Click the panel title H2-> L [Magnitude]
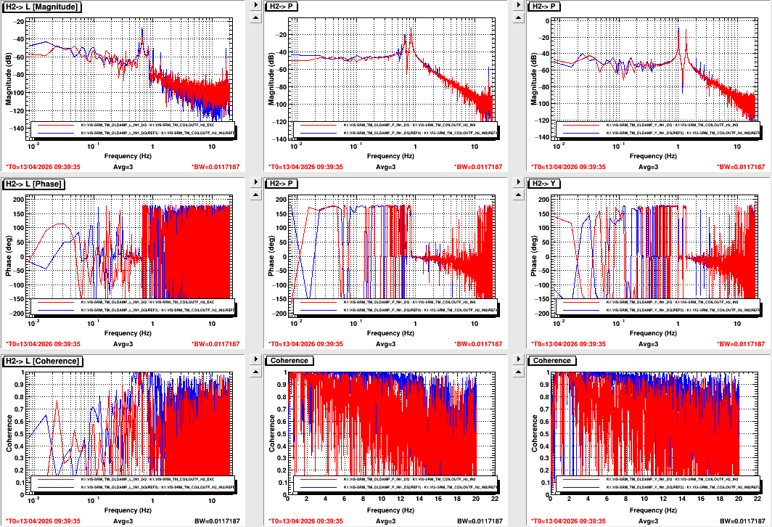coord(42,7)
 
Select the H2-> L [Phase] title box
coord(35,184)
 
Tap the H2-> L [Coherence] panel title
coord(43,361)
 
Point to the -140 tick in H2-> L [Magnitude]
coord(18,128)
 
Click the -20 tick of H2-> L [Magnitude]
coord(20,21)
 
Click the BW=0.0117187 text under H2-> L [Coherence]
coord(215,521)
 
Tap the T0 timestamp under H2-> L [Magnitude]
coord(43,167)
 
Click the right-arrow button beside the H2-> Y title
coord(517,184)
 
